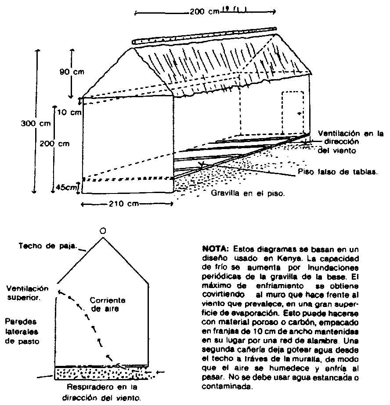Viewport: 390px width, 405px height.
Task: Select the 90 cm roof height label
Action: click(72, 72)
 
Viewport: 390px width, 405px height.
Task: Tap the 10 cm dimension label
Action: click(69, 113)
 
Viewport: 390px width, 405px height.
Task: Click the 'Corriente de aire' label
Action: click(108, 304)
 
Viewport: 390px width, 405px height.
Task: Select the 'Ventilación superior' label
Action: click(27, 292)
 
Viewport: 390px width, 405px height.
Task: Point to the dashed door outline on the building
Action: click(292, 113)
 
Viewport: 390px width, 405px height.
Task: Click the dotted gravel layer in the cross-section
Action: click(101, 374)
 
